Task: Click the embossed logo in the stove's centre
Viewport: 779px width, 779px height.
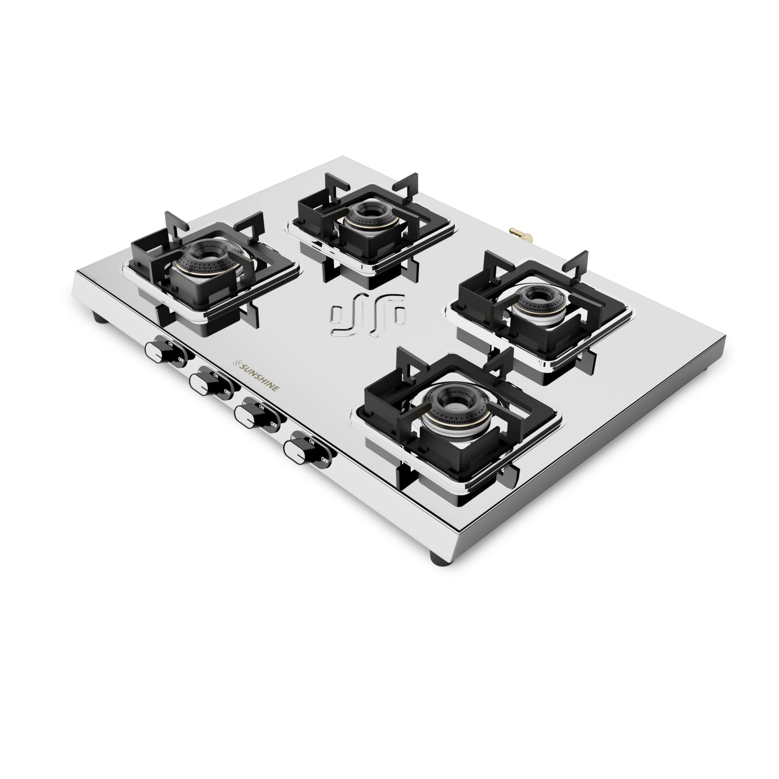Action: [x=369, y=316]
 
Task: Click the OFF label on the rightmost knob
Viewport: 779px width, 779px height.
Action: [x=325, y=460]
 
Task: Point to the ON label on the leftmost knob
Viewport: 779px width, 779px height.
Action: [x=170, y=343]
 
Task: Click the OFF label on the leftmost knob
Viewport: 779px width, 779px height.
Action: [x=181, y=358]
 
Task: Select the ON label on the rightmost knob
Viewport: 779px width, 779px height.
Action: [x=311, y=441]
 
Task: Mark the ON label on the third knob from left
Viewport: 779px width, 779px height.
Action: [x=261, y=408]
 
